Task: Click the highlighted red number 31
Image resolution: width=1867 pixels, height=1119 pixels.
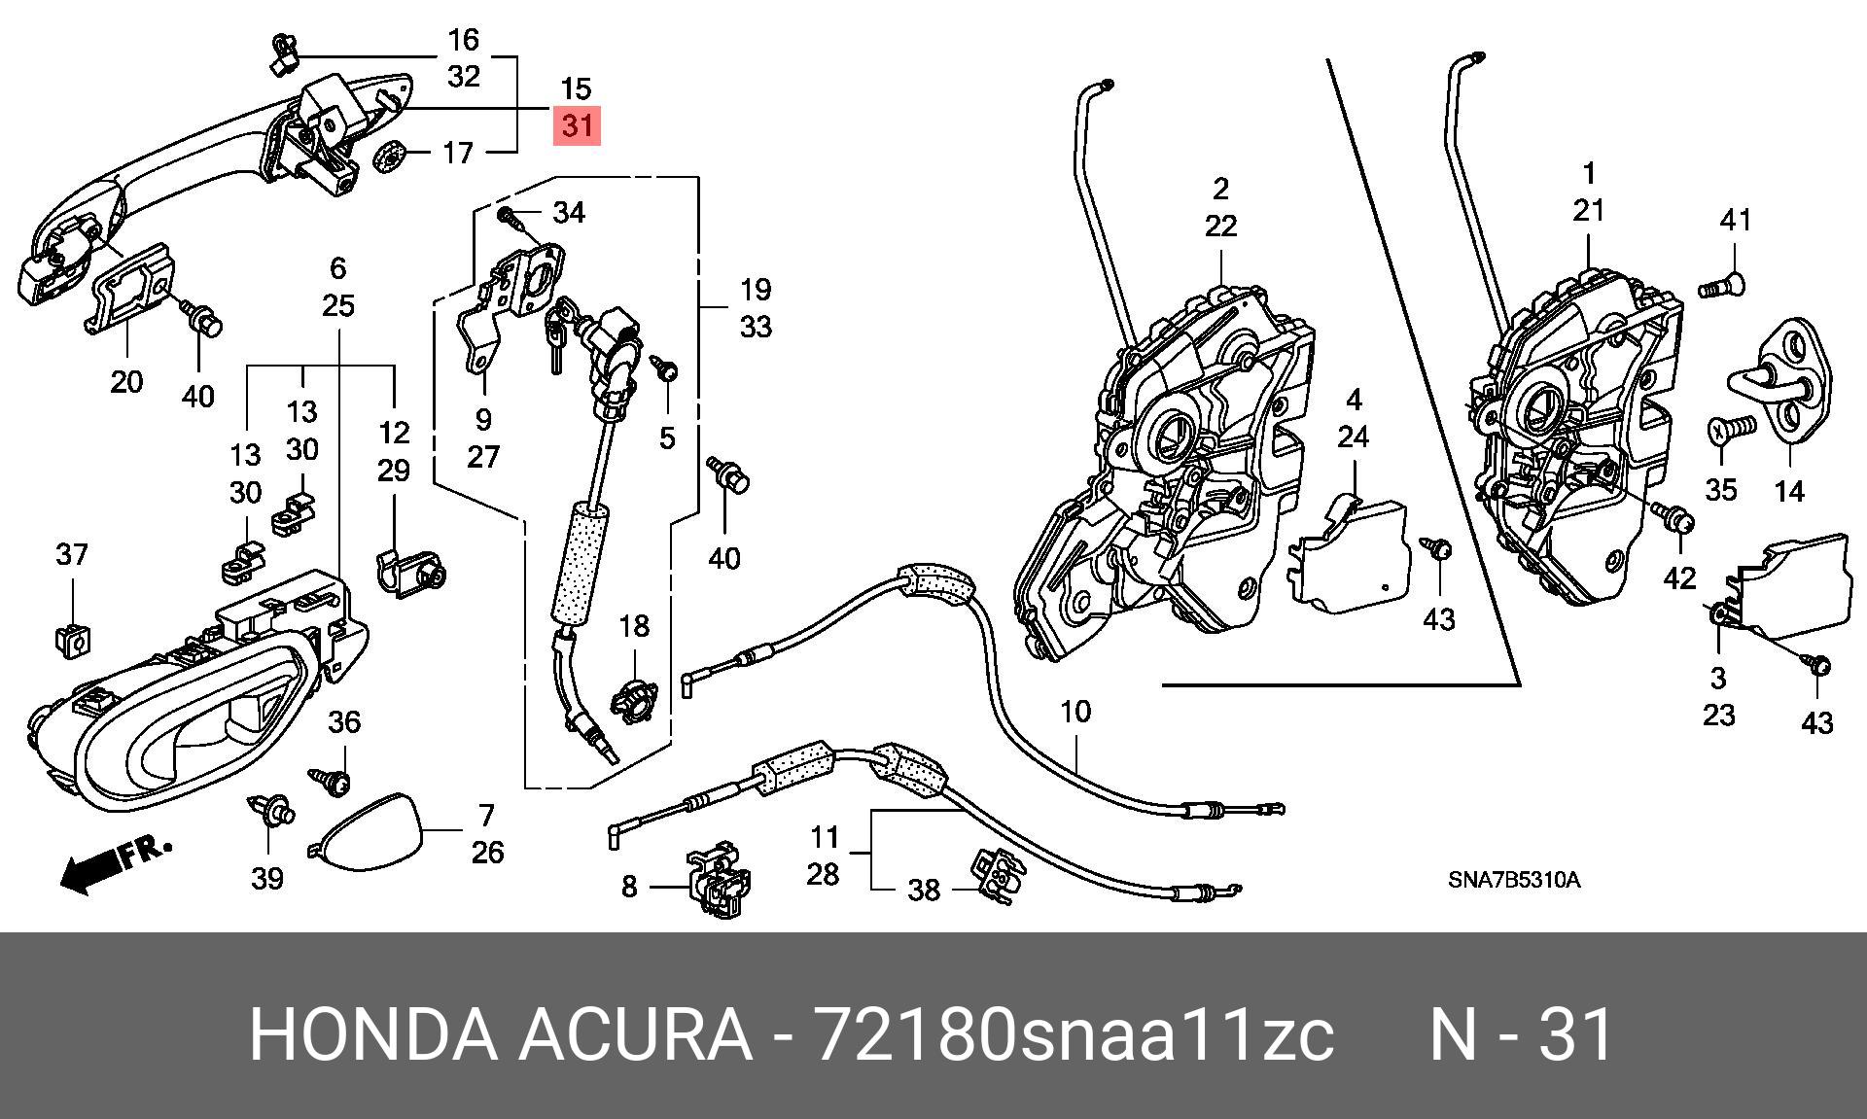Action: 577,125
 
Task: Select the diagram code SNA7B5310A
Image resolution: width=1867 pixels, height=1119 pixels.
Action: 1514,881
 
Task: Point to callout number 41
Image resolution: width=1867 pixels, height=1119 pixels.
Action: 1736,221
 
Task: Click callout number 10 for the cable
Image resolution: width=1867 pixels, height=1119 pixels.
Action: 1074,712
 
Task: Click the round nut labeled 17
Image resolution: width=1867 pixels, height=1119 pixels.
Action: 390,156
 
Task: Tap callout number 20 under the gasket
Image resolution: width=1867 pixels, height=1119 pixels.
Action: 126,382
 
